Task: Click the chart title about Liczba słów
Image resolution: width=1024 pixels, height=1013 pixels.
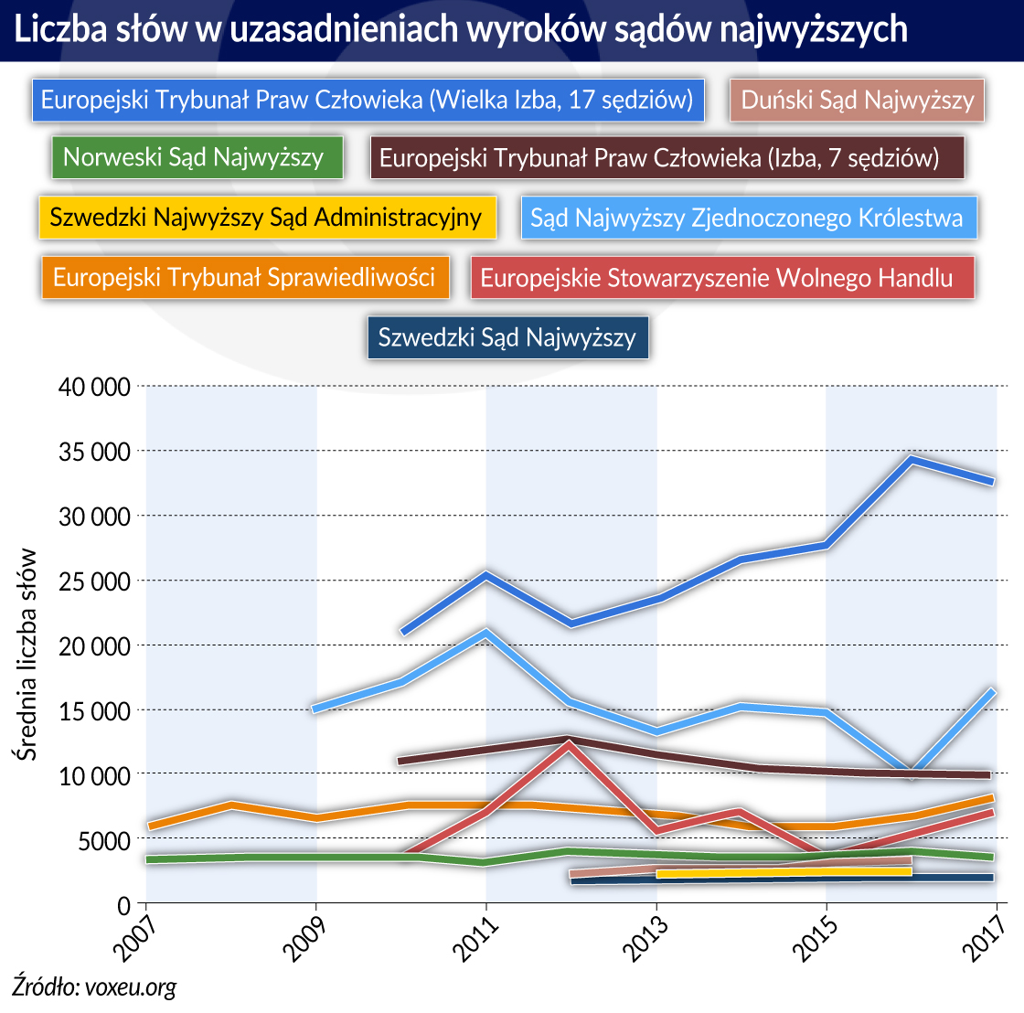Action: coord(461,29)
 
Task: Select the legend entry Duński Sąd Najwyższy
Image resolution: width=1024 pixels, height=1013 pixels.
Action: coord(857,100)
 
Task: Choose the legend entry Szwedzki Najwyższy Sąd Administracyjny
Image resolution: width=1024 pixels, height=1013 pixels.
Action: coord(267,218)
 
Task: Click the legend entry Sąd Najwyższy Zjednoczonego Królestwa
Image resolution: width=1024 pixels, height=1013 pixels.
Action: coord(748,218)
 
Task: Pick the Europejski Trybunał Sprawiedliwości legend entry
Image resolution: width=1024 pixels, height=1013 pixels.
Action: coord(245,276)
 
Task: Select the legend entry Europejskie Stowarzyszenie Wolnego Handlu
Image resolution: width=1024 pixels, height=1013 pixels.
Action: coord(721,277)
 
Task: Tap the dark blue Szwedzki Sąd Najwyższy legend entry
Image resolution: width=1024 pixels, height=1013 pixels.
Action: coord(507,337)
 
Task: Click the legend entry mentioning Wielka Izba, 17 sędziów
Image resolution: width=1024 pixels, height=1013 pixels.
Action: coord(368,100)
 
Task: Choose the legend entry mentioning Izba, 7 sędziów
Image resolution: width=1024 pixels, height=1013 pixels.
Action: coord(667,157)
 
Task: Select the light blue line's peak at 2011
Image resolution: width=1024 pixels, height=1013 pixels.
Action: coord(485,632)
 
